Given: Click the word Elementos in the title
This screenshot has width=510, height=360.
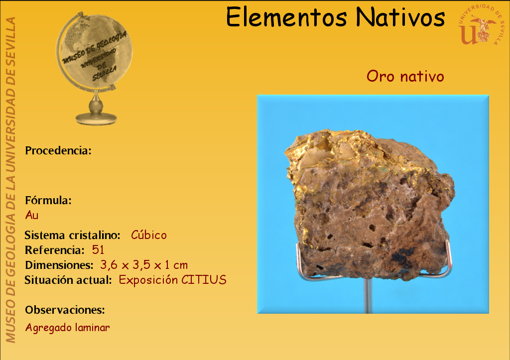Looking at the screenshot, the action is click(x=286, y=17).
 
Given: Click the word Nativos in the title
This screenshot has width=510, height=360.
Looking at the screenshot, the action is click(x=400, y=17).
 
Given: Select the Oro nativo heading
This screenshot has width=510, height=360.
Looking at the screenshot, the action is click(x=405, y=76).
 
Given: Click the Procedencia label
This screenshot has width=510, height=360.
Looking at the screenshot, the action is click(x=58, y=150).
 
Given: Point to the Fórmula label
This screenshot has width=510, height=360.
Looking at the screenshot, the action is click(x=48, y=200).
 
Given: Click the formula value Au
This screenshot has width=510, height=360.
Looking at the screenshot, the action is click(x=32, y=215).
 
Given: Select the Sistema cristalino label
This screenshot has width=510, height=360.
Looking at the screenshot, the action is click(x=73, y=235).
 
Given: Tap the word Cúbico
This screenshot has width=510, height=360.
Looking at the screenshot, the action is click(x=149, y=235).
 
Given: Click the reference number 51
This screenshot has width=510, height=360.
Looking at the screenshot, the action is click(x=98, y=250).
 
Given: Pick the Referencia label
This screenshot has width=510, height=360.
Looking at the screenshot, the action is click(x=55, y=250).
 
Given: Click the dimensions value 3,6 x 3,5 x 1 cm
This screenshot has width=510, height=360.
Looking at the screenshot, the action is click(x=144, y=265).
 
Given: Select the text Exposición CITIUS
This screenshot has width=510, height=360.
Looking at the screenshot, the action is click(x=172, y=280).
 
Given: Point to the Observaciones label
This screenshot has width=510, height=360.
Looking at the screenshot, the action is click(x=65, y=310).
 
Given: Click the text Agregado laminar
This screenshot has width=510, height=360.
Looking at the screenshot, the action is click(x=68, y=327).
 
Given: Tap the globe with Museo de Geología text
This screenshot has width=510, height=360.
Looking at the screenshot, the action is click(x=95, y=52).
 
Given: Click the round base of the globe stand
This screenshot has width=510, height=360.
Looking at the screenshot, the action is click(x=96, y=119).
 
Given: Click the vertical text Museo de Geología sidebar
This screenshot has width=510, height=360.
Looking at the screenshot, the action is click(x=10, y=180).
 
